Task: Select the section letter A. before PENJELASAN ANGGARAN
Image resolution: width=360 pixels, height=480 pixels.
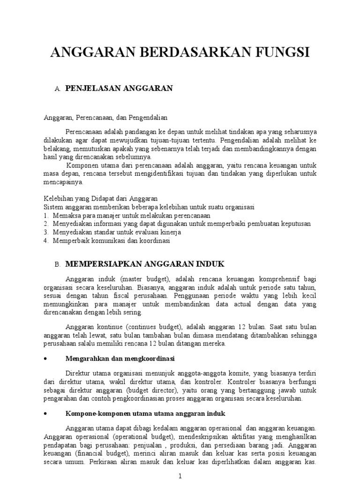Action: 58,89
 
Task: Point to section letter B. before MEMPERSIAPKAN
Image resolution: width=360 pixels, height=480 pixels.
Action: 58,264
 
